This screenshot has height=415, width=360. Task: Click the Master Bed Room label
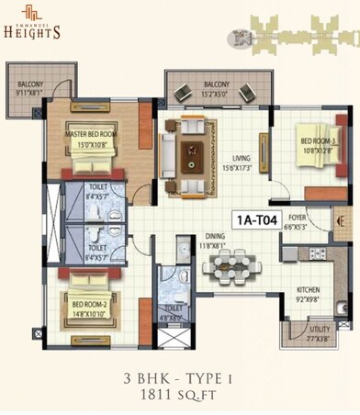click(87, 139)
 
